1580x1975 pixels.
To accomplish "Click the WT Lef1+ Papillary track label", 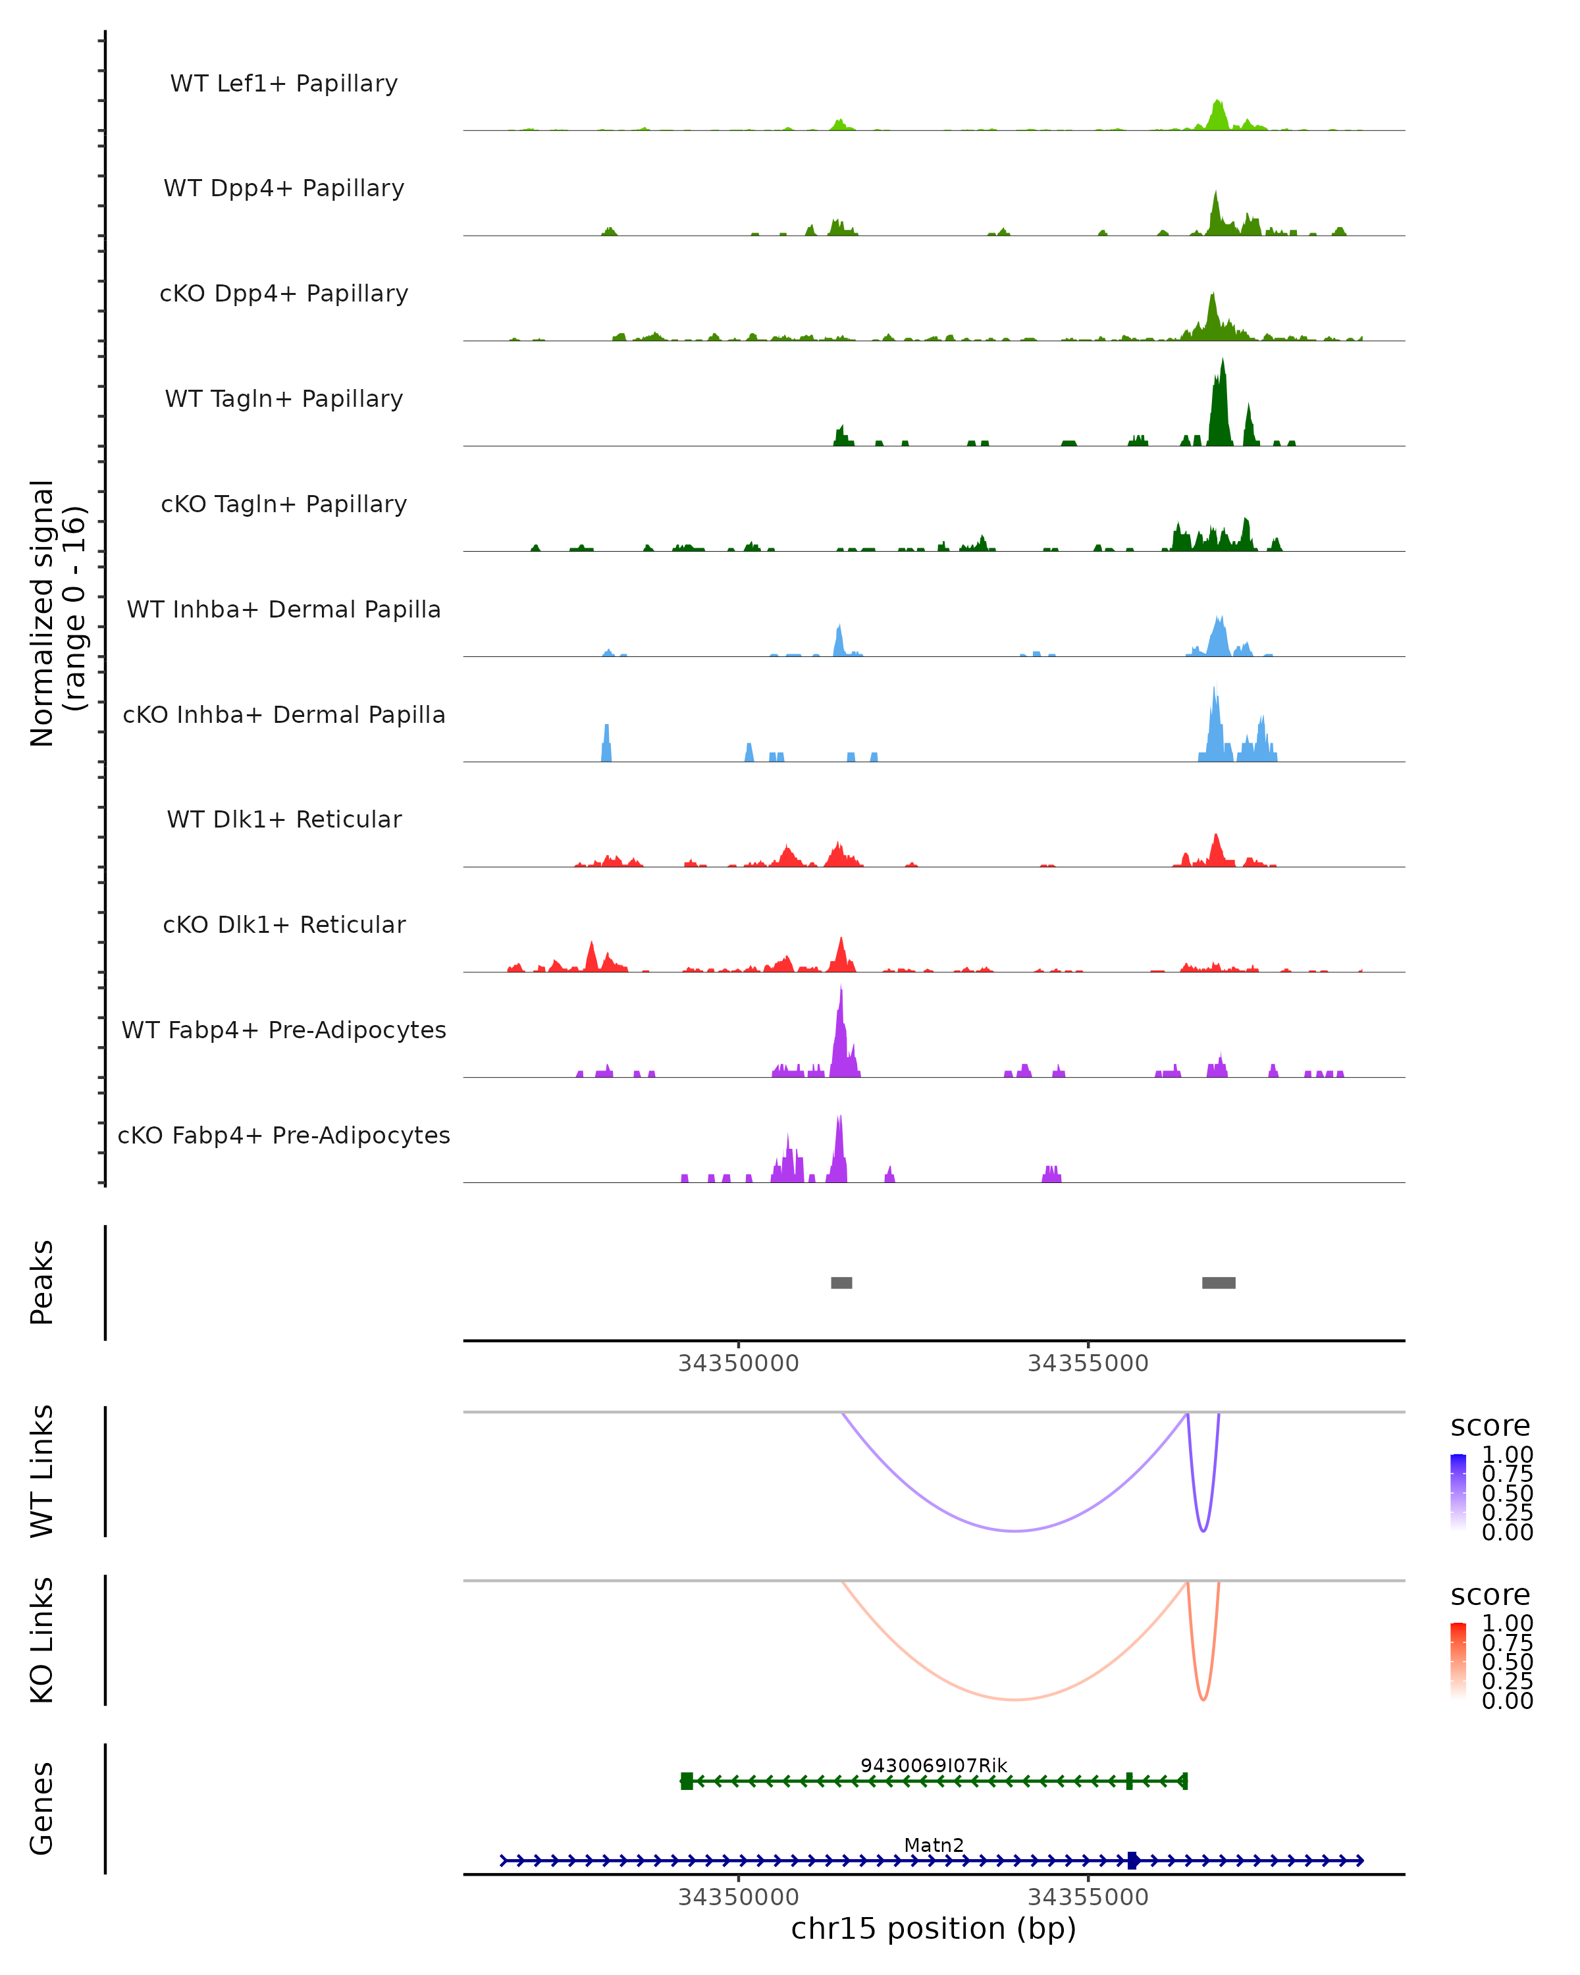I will point(284,84).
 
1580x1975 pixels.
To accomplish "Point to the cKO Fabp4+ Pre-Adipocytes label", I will point(284,1135).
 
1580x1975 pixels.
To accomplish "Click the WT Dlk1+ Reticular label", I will point(284,819).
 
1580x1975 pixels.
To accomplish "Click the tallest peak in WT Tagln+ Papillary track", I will point(1222,363).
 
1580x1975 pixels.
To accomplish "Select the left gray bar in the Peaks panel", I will point(841,1282).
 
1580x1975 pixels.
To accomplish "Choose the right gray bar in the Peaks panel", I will point(1218,1282).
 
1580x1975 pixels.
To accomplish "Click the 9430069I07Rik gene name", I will point(934,1765).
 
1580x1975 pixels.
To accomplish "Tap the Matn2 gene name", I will point(934,1845).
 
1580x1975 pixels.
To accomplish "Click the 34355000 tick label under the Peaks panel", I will point(1087,1364).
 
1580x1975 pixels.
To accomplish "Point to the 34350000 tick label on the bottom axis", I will point(738,1897).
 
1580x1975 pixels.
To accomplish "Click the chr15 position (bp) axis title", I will point(934,1929).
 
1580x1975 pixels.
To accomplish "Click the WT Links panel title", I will point(42,1471).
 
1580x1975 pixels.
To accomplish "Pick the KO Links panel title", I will point(42,1641).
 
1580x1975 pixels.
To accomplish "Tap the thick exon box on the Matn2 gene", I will point(1133,1860).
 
